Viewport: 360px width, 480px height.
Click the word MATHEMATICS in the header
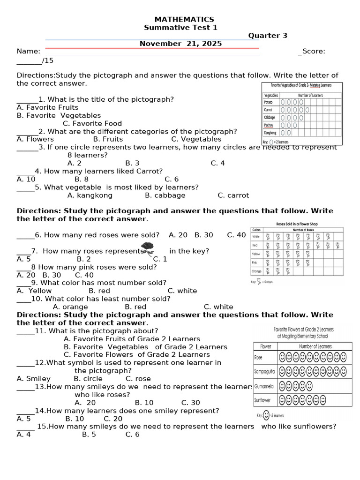pyautogui.click(x=184, y=19)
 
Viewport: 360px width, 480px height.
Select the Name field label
pyautogui.click(x=28, y=52)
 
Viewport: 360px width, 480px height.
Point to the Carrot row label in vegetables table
pyautogui.click(x=268, y=110)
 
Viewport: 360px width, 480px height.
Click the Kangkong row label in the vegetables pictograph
pyautogui.click(x=270, y=133)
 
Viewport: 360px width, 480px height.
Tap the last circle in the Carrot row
pyautogui.click(x=307, y=110)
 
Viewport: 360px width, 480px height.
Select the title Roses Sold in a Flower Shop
pyautogui.click(x=297, y=224)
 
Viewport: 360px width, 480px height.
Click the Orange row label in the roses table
pyautogui.click(x=256, y=271)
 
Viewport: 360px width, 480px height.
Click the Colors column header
pyautogui.click(x=256, y=230)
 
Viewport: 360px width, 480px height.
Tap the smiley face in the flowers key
pyautogui.click(x=266, y=415)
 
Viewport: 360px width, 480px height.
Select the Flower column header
pyautogui.click(x=265, y=346)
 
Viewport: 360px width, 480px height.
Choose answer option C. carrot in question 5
pyautogui.click(x=233, y=195)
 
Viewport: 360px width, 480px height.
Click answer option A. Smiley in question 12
pyautogui.click(x=34, y=379)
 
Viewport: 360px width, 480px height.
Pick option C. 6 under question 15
pyautogui.click(x=133, y=435)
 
